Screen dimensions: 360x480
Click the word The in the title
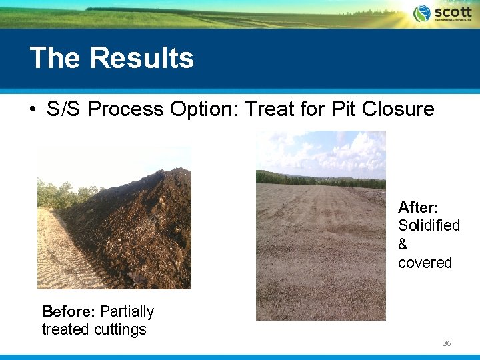coord(56,58)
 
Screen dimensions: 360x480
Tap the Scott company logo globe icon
coord(422,13)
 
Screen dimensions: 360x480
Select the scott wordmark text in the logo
coord(453,12)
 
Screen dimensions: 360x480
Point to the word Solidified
coord(429,225)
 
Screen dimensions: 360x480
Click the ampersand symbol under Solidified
coord(403,244)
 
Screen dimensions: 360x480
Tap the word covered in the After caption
coord(425,263)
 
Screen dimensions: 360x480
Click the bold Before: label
coord(69,311)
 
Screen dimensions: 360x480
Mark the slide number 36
coord(447,343)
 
